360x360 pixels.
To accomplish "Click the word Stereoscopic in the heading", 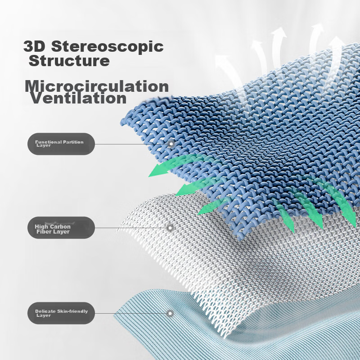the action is [107, 47].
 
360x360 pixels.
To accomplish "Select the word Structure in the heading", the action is [69, 61].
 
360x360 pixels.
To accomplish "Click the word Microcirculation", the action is [97, 86].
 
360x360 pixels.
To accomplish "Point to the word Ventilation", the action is [78, 98].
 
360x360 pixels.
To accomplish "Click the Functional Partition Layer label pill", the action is [61, 144].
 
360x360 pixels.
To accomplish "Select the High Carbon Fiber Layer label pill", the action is [61, 228].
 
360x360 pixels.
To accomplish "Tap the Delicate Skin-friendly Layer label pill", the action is [61, 313].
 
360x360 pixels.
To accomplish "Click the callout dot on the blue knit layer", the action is [171, 144].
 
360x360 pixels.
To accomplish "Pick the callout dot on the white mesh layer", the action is [170, 228].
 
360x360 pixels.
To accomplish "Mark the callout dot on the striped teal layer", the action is [170, 313].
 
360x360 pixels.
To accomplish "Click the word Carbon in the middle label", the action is [60, 227].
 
